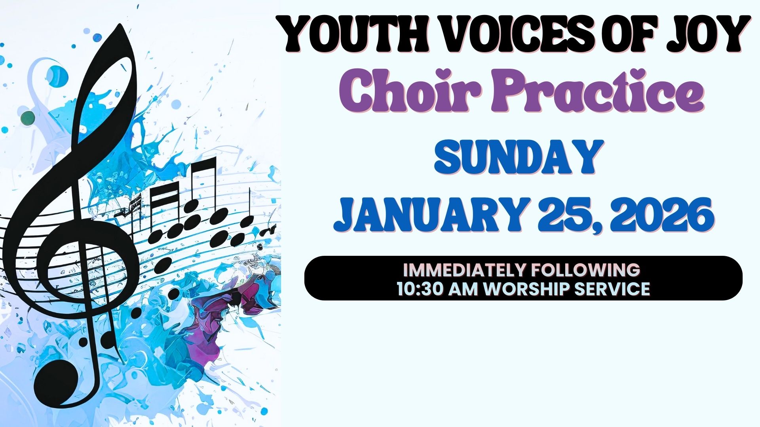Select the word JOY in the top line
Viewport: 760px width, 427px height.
click(710, 34)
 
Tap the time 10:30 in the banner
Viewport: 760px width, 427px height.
click(420, 289)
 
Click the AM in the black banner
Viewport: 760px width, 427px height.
click(464, 289)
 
